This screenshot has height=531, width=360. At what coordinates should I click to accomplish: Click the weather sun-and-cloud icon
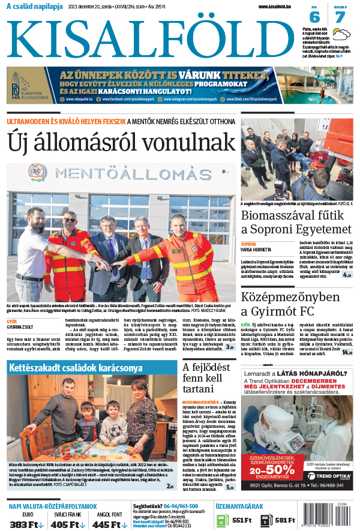point(341,34)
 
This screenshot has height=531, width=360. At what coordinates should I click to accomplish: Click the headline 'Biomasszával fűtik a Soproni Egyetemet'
point(296,223)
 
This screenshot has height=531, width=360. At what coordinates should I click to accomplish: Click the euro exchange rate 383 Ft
point(27,524)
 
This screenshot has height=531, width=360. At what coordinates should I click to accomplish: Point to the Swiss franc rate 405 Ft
point(65,524)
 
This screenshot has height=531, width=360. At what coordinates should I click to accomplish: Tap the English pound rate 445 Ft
point(109,524)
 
